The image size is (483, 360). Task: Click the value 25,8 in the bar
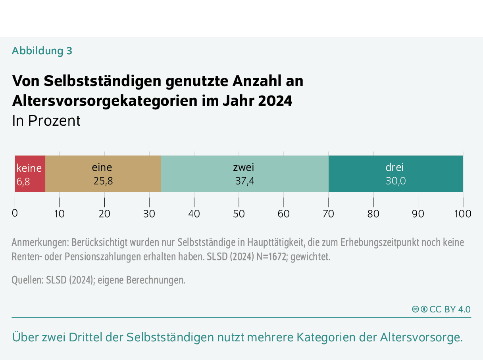click(103, 181)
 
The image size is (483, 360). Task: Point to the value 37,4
click(244, 181)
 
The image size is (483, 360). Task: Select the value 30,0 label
click(396, 181)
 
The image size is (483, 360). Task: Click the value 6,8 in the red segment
click(23, 182)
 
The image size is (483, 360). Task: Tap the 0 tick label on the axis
click(15, 213)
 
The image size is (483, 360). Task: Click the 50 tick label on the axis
click(239, 214)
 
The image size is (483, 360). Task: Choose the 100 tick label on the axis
click(463, 214)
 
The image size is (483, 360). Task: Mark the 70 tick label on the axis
click(328, 214)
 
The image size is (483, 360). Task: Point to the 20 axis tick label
click(104, 214)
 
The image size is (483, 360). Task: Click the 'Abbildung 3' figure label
click(42, 51)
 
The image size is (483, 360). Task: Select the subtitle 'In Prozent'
click(46, 121)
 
